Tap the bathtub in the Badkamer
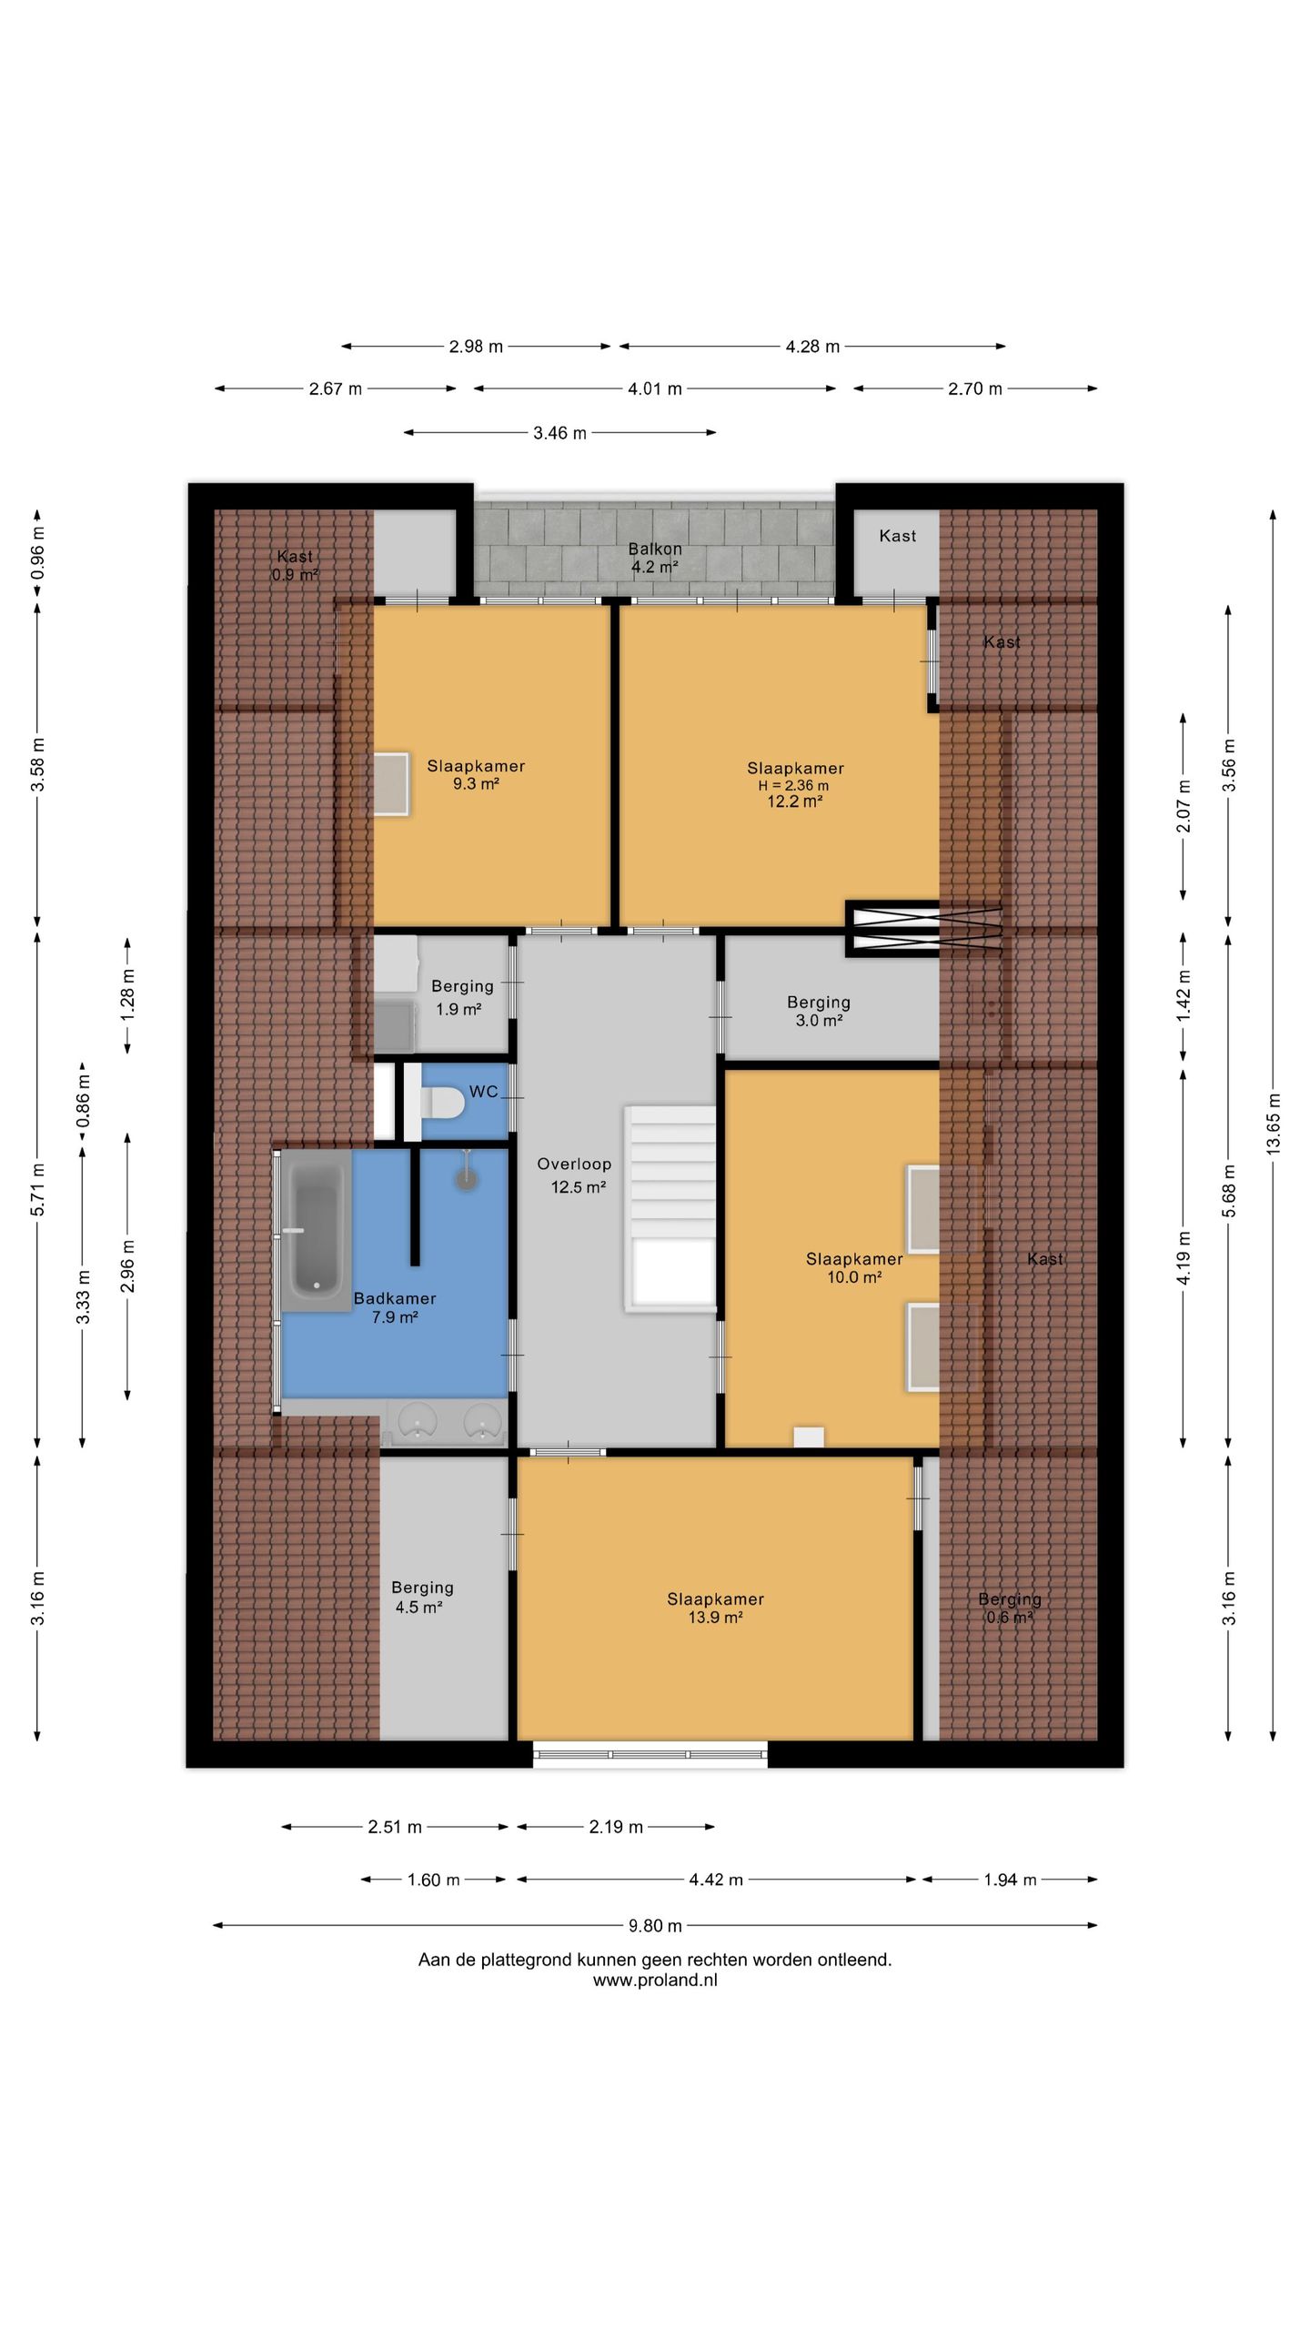point(316,1230)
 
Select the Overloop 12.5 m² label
point(575,1175)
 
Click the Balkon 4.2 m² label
point(655,558)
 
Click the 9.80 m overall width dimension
point(655,1925)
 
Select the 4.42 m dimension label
point(717,1879)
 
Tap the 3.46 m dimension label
point(559,433)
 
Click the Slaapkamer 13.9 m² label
point(715,1608)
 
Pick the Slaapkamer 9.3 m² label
point(476,774)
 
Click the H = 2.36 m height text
point(793,785)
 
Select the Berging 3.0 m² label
point(819,1011)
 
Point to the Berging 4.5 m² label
point(422,1597)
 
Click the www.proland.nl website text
point(655,1980)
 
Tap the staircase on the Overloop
point(670,1208)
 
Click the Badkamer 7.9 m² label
point(395,1307)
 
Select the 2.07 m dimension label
point(1183,807)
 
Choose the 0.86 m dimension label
point(83,1100)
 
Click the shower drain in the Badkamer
point(467,1180)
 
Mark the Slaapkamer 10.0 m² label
point(854,1267)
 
